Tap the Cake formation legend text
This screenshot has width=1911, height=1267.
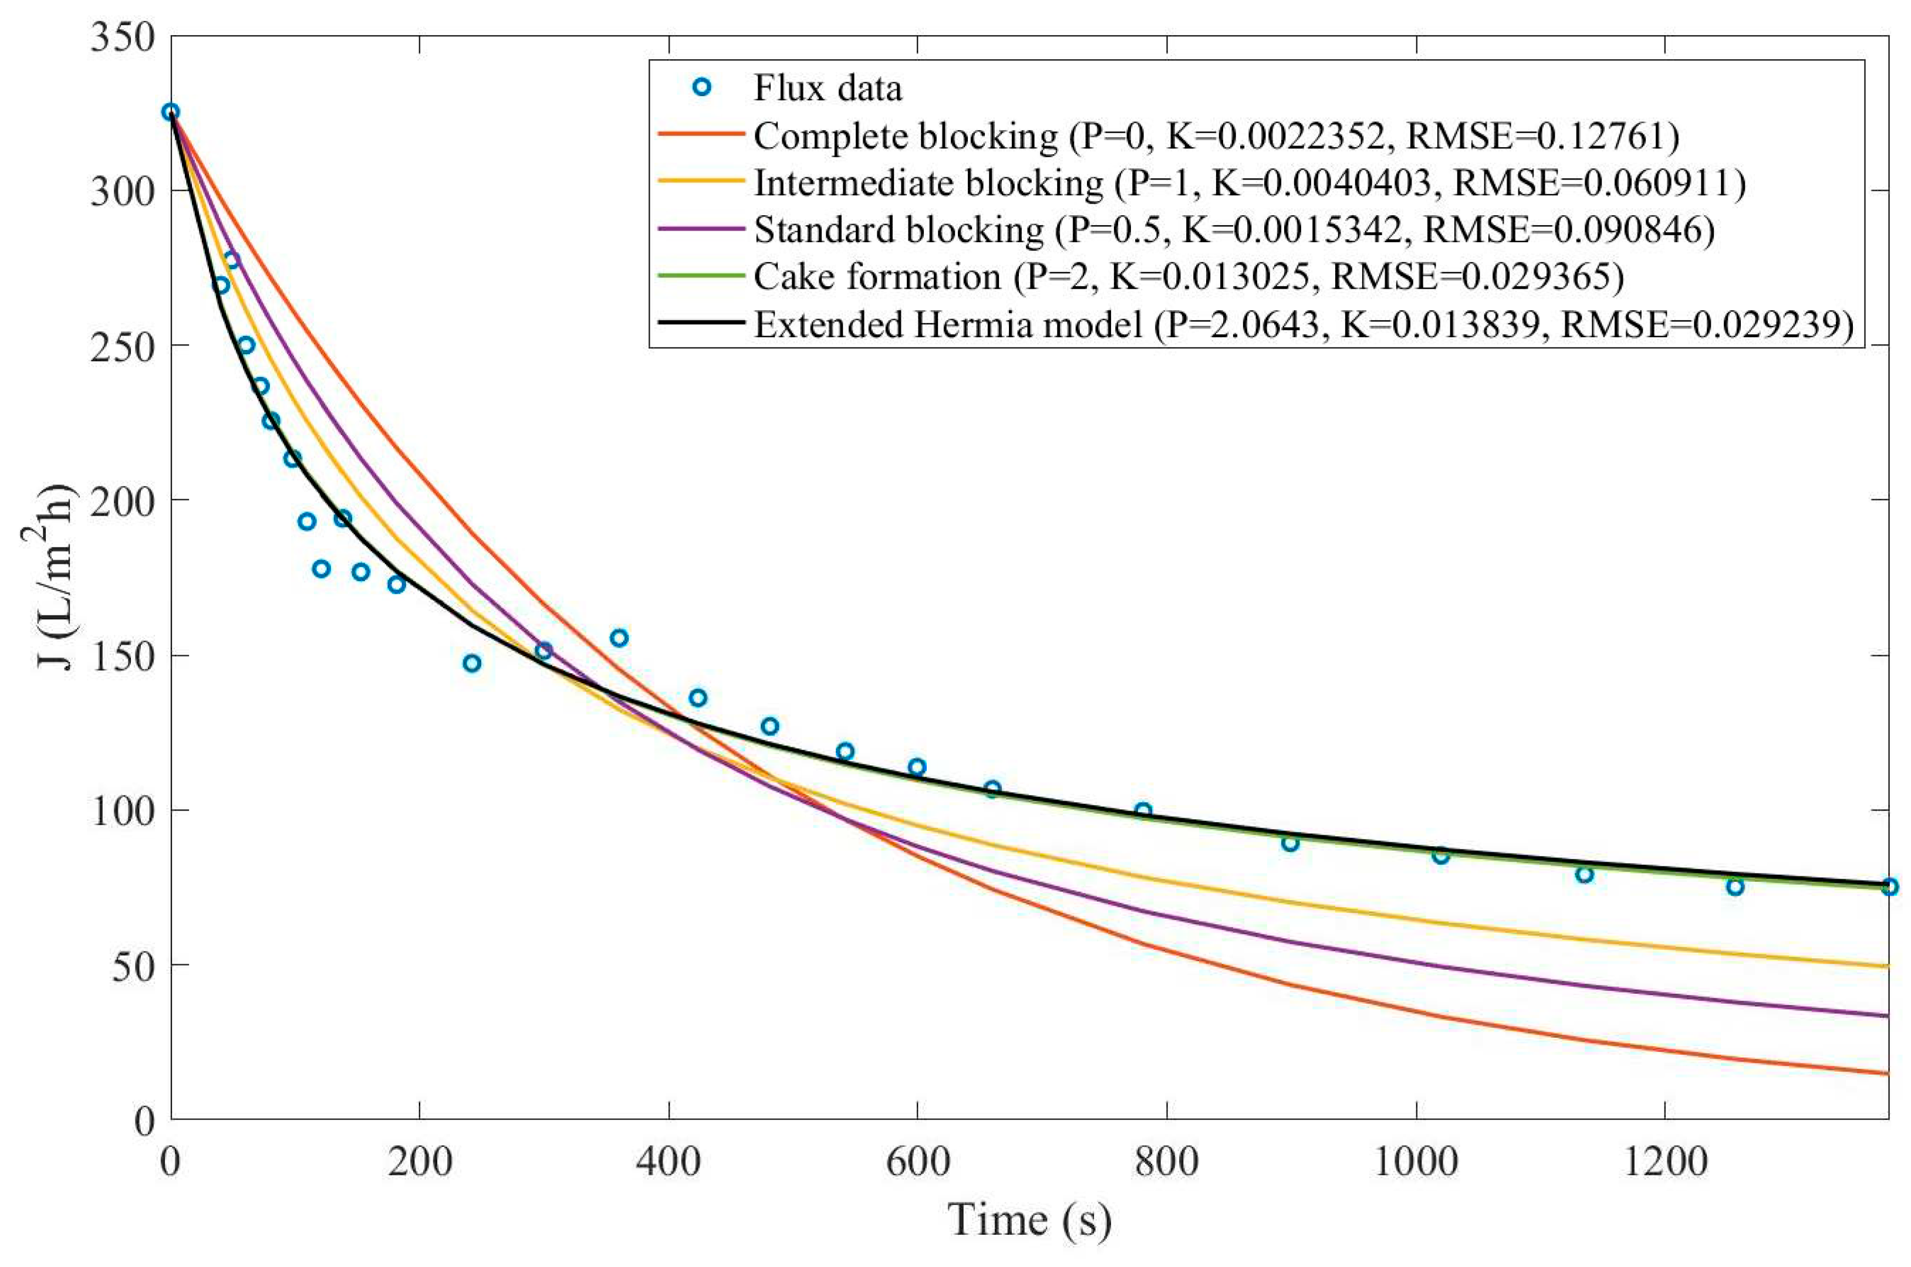pyautogui.click(x=1189, y=276)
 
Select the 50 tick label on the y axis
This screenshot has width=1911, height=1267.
pyautogui.click(x=133, y=966)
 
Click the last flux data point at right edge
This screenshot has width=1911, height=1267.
pyautogui.click(x=1888, y=887)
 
